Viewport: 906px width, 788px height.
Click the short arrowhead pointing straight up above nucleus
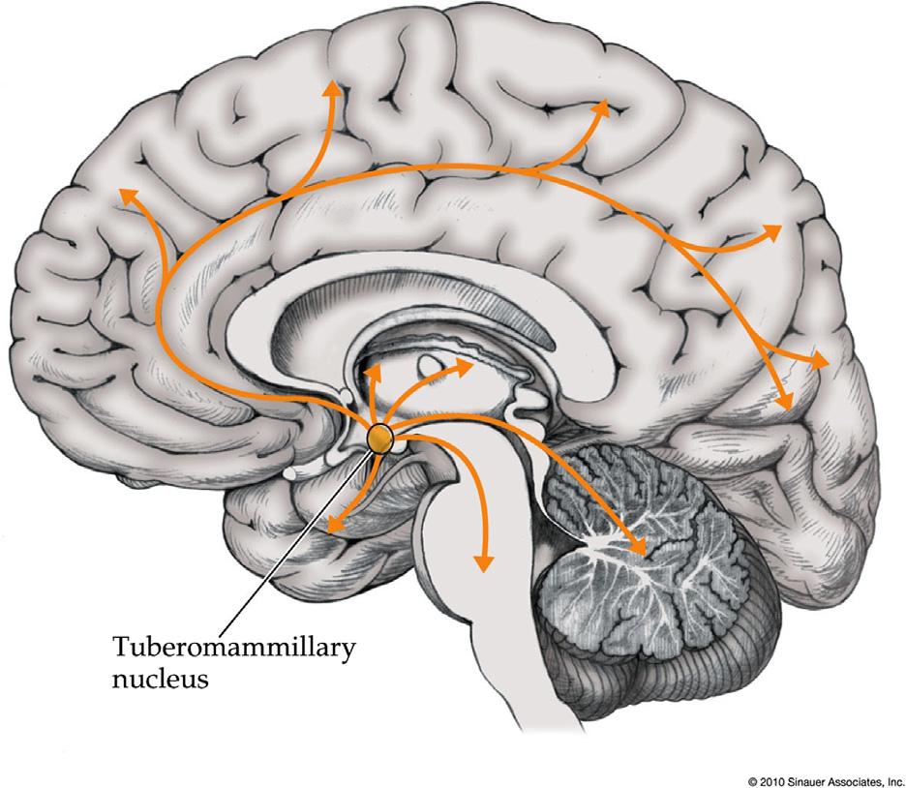(374, 370)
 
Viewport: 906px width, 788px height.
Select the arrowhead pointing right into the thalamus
(464, 365)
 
